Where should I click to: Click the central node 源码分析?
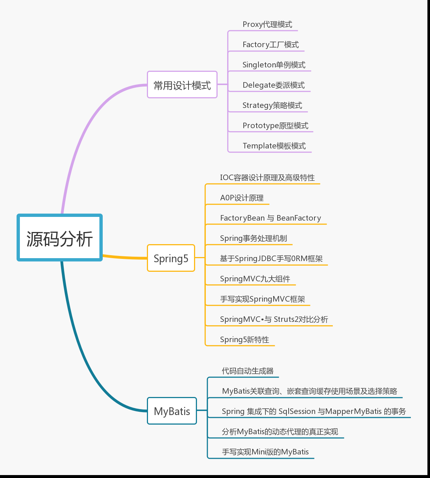tap(60, 238)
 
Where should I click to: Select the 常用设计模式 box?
tap(182, 85)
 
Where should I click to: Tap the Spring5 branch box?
tap(171, 258)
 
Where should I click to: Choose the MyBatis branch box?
tap(172, 411)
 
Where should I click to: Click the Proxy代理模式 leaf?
tap(267, 24)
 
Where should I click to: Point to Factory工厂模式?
tap(271, 45)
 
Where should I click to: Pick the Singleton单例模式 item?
tap(274, 65)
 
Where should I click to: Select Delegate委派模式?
tap(274, 85)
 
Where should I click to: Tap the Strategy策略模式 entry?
tap(272, 105)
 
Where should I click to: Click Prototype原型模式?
tap(275, 126)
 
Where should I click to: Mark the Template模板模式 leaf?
tap(274, 146)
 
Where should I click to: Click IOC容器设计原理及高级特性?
tap(267, 178)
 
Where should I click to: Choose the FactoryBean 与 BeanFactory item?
tap(271, 218)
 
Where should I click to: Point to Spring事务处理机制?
tap(253, 238)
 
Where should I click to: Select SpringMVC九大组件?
tap(255, 279)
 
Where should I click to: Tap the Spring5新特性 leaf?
tap(244, 340)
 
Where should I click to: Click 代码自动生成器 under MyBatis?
tap(247, 371)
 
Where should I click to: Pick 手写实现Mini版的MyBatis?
tap(265, 452)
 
